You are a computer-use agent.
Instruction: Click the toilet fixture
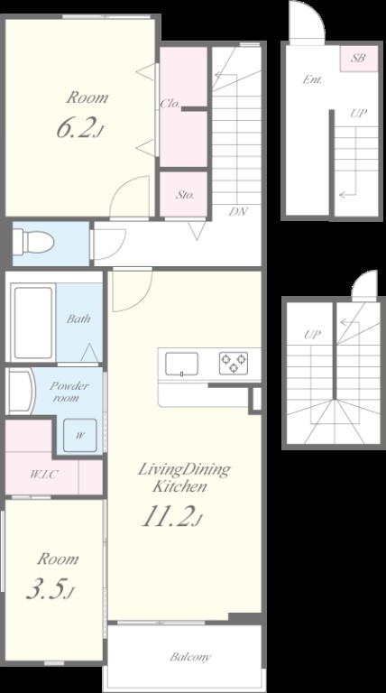(33, 242)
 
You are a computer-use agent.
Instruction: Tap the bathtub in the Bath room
(32, 322)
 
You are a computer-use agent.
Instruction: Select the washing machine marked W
(79, 435)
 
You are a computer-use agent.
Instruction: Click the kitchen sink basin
(181, 365)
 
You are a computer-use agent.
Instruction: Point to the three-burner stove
(234, 364)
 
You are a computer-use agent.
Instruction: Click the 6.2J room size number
(80, 129)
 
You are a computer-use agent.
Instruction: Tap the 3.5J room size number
(49, 590)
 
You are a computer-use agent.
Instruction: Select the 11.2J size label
(172, 517)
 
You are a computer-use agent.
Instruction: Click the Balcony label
(190, 657)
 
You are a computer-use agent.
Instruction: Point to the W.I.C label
(43, 476)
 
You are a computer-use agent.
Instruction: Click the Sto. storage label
(185, 195)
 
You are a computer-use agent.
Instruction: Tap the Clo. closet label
(170, 104)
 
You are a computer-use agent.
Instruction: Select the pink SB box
(359, 58)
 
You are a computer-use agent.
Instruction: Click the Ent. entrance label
(312, 80)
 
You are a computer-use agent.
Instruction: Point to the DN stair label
(238, 211)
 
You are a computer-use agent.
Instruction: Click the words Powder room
(69, 392)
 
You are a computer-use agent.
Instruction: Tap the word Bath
(78, 319)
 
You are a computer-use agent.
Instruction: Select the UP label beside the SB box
(358, 114)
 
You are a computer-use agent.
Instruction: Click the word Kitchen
(179, 486)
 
